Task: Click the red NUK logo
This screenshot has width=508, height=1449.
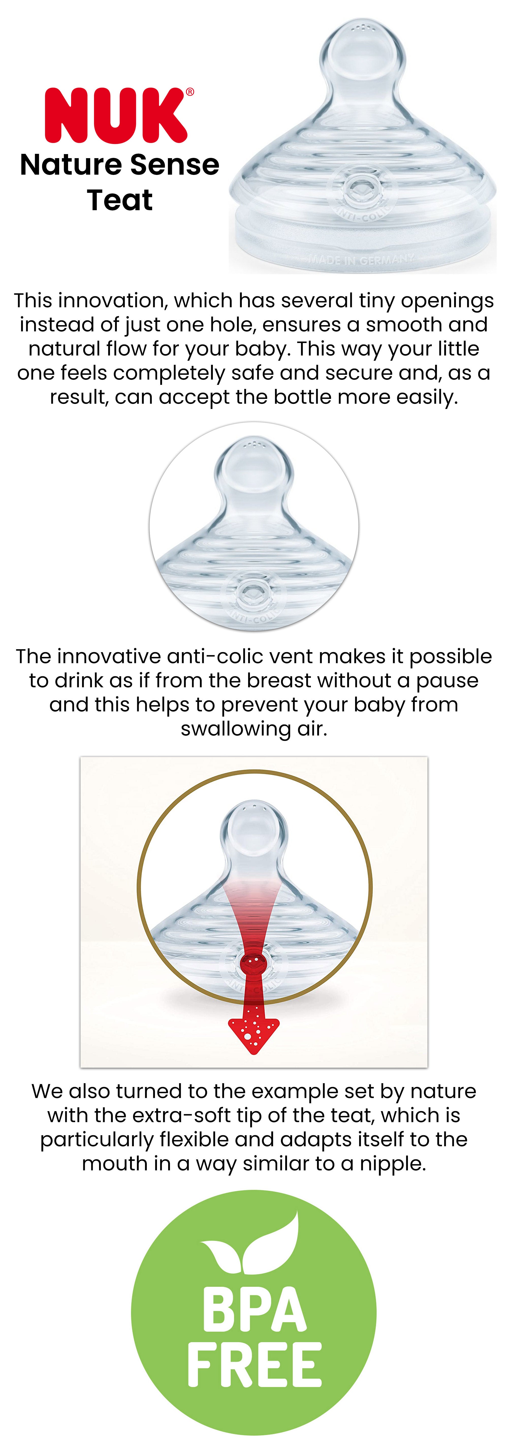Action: (116, 115)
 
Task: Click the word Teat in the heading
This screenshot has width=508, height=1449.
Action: (120, 200)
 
